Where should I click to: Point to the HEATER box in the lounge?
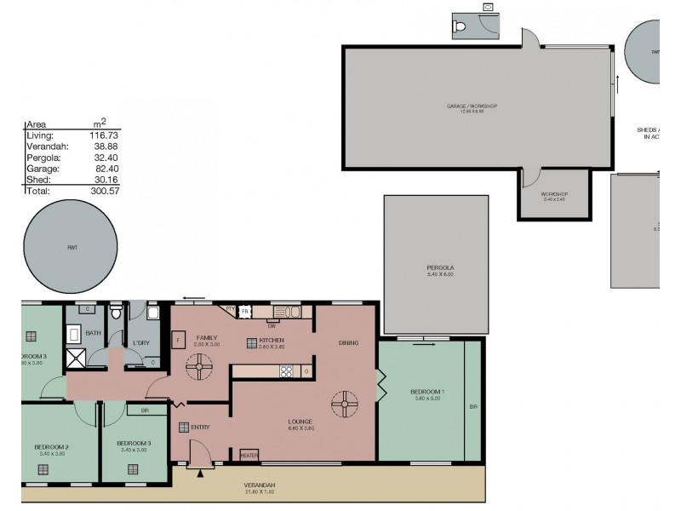click(x=249, y=455)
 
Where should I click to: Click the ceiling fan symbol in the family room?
click(x=202, y=368)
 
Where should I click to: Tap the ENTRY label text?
click(x=201, y=428)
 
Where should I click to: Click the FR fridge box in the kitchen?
click(x=245, y=313)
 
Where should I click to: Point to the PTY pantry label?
click(x=229, y=308)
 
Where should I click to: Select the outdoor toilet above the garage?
click(x=461, y=28)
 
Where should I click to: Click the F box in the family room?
click(x=178, y=338)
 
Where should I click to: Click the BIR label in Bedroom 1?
click(x=473, y=407)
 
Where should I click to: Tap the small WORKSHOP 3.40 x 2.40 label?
click(x=554, y=195)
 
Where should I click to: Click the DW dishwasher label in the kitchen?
click(x=272, y=325)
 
